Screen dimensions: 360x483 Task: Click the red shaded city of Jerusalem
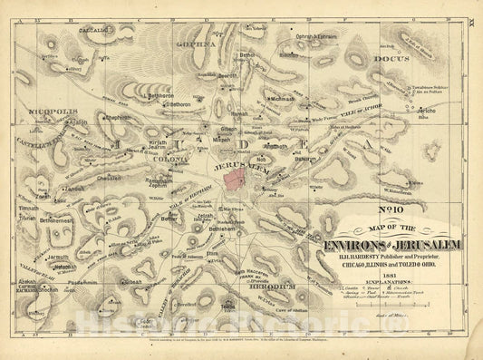(247, 177)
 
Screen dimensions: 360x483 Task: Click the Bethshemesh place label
(56, 220)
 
